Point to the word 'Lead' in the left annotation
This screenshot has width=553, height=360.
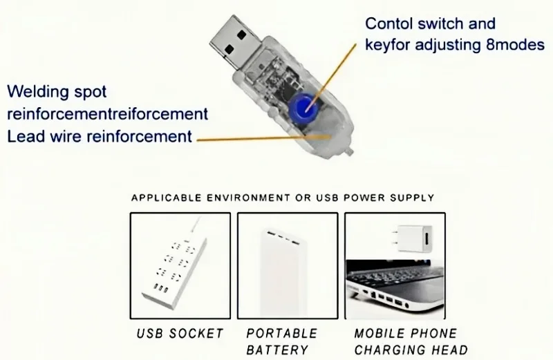coord(25,136)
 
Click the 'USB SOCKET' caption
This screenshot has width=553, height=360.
coord(180,334)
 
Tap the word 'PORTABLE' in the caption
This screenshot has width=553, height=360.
coord(281,334)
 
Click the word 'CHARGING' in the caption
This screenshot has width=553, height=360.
coord(388,350)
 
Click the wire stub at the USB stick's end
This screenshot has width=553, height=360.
coord(352,149)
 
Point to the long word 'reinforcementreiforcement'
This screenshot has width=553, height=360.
coord(107,113)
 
